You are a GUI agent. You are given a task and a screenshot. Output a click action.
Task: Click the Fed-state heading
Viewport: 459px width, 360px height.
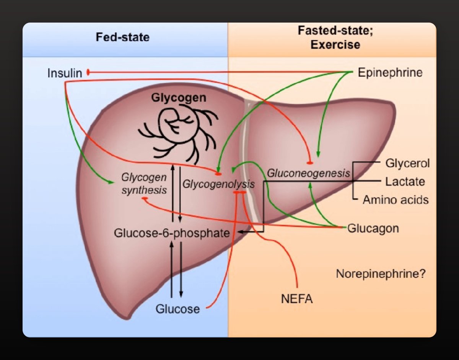(x=122, y=37)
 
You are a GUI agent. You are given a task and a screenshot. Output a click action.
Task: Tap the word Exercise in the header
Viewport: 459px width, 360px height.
(x=335, y=45)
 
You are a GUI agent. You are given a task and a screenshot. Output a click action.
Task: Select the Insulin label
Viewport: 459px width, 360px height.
(x=65, y=73)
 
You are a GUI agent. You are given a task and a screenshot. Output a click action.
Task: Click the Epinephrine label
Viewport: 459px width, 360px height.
(x=390, y=72)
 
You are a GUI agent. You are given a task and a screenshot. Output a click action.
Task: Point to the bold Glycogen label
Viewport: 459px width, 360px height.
(x=179, y=98)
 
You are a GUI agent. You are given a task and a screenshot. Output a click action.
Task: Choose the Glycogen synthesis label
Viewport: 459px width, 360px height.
(x=144, y=184)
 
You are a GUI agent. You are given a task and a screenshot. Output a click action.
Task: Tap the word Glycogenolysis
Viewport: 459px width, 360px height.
(x=218, y=184)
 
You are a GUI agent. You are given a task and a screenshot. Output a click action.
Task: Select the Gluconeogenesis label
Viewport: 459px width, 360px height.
(x=308, y=173)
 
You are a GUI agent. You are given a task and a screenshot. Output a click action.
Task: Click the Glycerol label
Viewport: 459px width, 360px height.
(x=407, y=163)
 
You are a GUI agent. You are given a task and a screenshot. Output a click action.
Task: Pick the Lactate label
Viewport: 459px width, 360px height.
(x=405, y=181)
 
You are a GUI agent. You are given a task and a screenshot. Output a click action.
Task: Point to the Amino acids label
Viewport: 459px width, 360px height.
(x=396, y=199)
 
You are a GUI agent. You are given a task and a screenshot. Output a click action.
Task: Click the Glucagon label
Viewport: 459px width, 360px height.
(x=373, y=228)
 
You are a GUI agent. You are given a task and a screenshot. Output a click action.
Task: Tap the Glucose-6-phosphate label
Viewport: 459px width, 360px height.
(x=172, y=233)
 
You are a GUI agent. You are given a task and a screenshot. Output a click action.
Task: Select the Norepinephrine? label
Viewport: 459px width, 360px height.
(x=381, y=274)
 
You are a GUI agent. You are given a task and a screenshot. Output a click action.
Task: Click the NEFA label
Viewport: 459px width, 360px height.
(x=296, y=298)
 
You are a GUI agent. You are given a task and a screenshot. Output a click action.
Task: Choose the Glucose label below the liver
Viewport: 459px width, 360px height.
(x=177, y=309)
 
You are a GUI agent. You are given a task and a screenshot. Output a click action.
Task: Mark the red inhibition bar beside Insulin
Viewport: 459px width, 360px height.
(x=88, y=72)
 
